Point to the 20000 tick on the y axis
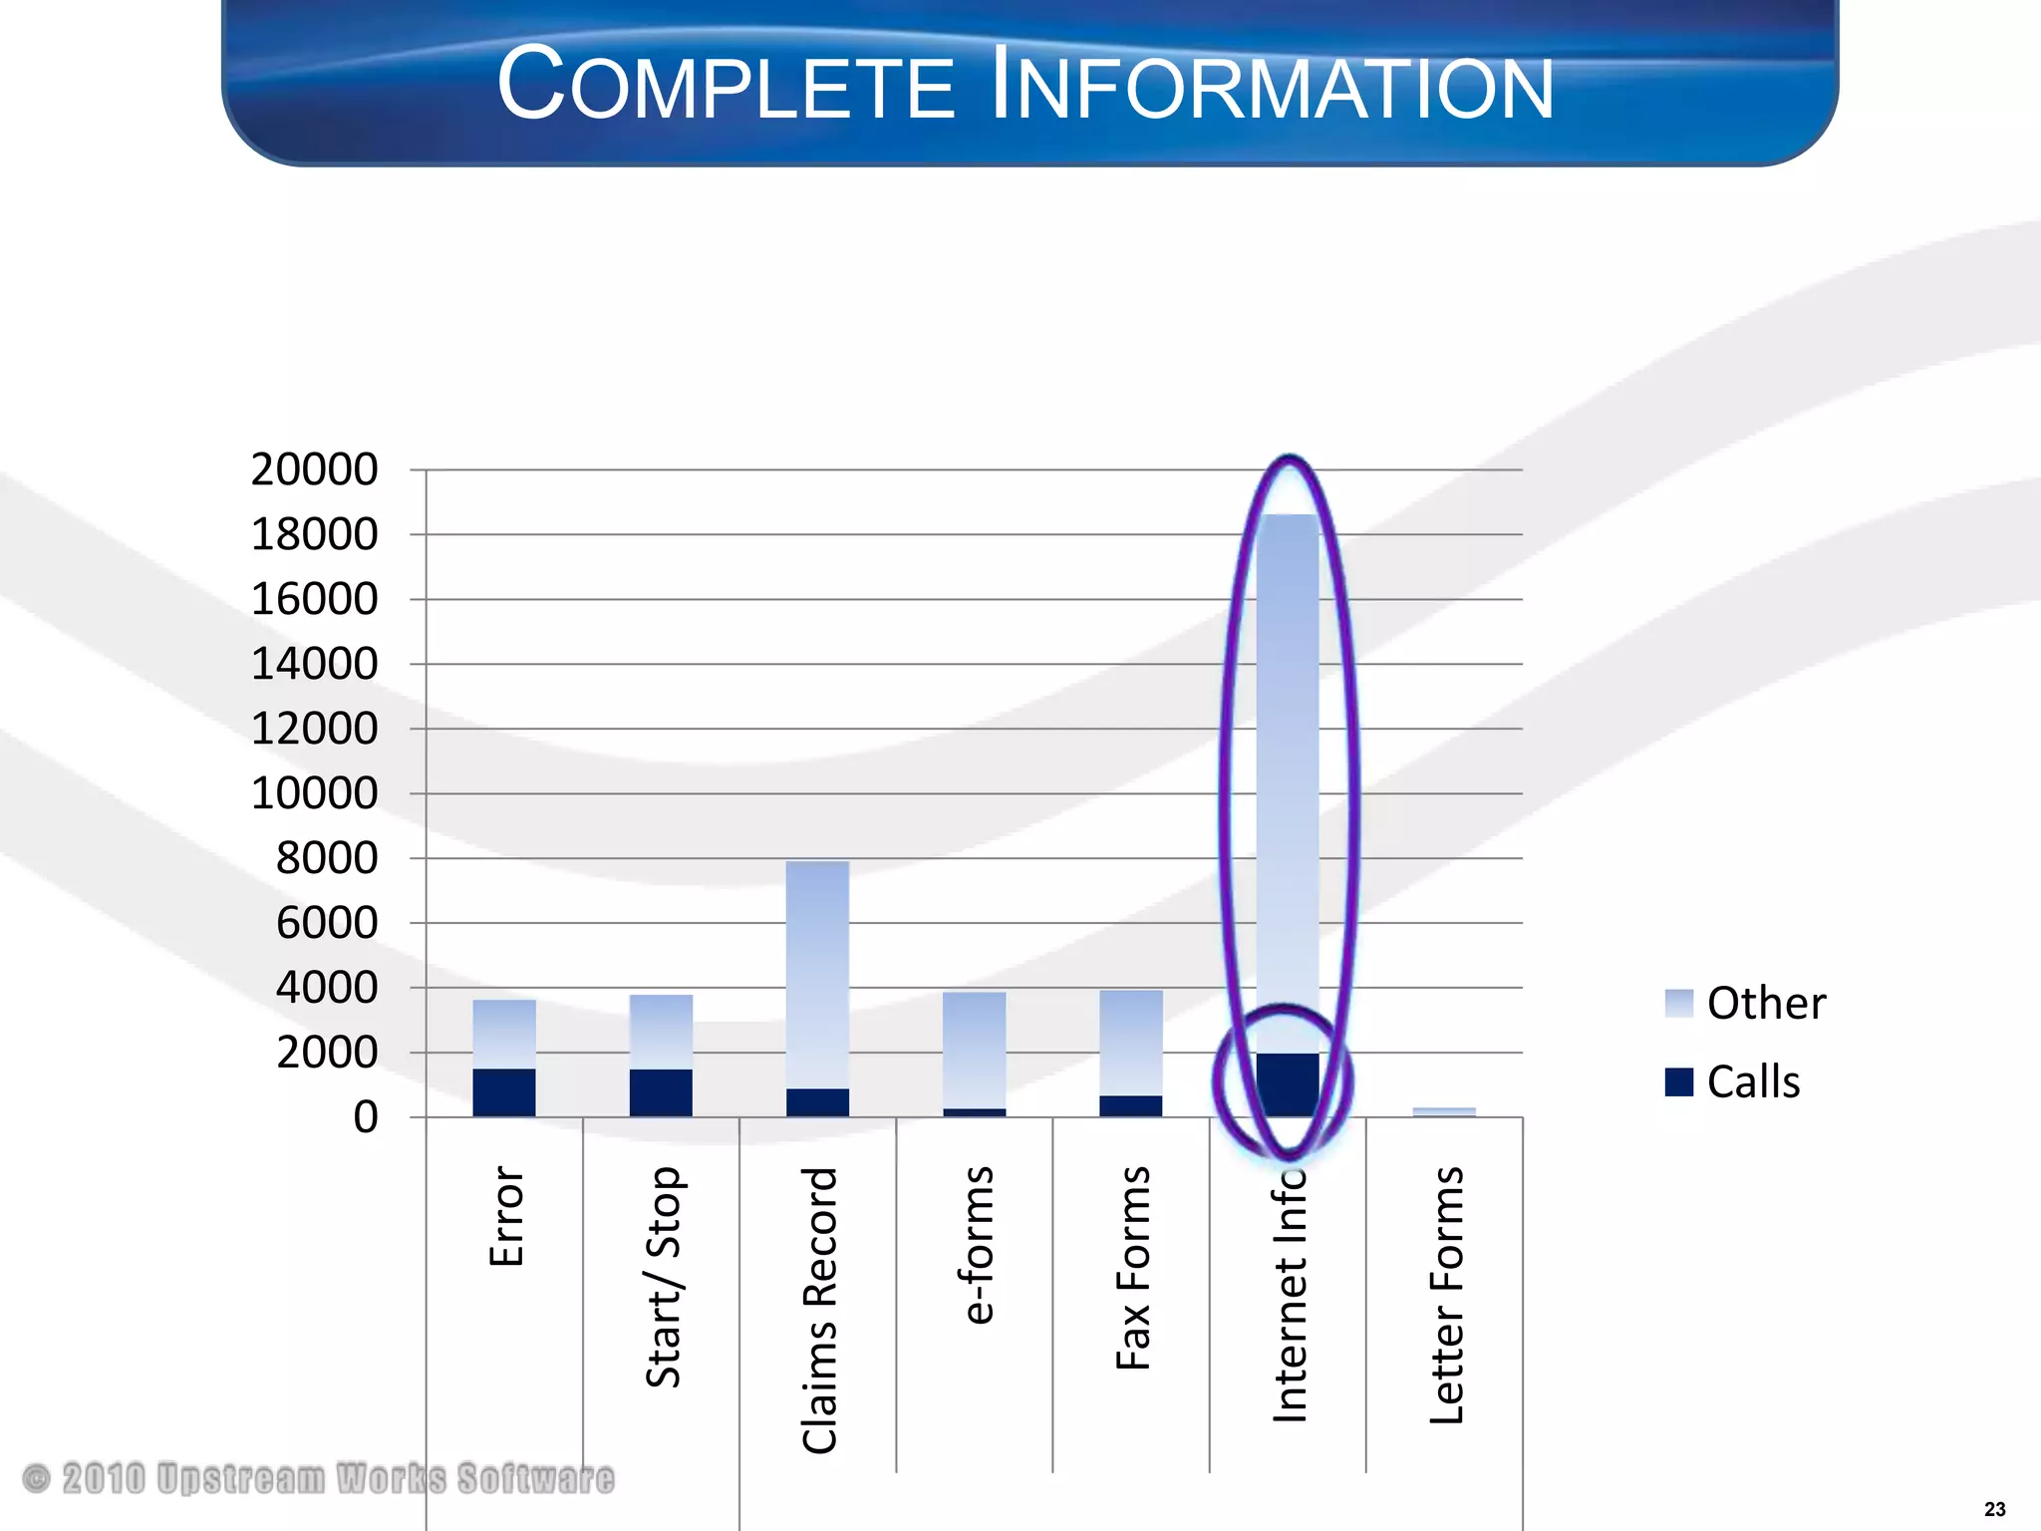click(314, 469)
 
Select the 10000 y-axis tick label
click(314, 793)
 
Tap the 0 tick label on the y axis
click(366, 1117)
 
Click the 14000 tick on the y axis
click(314, 664)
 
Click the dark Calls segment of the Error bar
click(504, 1092)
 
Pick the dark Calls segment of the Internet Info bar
click(1288, 1084)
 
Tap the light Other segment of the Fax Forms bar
click(1131, 1043)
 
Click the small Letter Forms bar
click(1444, 1111)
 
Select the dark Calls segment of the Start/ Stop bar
click(661, 1092)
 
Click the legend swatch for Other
click(1678, 1003)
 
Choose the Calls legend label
click(1753, 1082)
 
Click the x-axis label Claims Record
click(820, 1310)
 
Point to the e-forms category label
click(978, 1245)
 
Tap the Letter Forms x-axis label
click(1447, 1295)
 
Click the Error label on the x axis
click(506, 1216)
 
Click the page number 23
click(1994, 1509)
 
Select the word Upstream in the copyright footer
click(241, 1478)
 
